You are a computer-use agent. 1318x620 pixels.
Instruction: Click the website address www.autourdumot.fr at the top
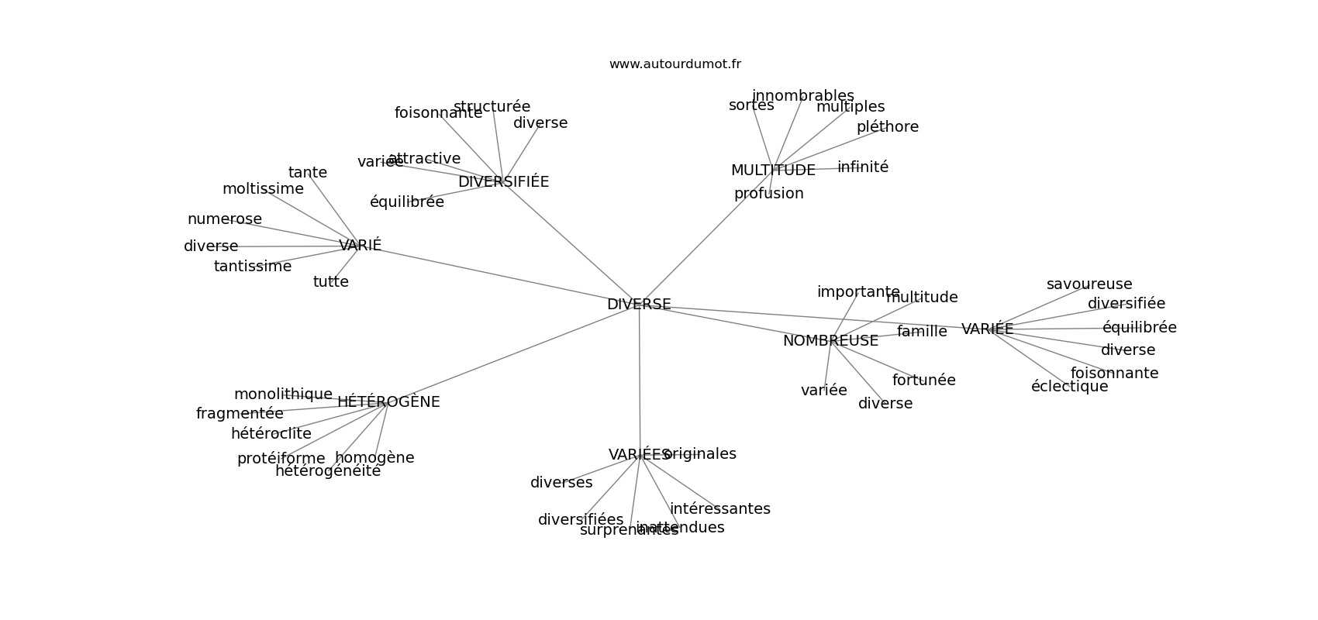(x=675, y=64)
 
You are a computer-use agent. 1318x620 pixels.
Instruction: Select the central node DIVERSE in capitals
(x=639, y=305)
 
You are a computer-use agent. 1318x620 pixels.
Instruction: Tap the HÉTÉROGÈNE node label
(x=388, y=402)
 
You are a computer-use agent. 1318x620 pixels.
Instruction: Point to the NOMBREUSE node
(x=830, y=341)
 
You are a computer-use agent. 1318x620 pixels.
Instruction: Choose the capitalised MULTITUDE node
(x=773, y=170)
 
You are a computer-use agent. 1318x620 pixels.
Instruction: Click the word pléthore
(x=887, y=127)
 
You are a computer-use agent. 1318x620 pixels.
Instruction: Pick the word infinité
(x=862, y=167)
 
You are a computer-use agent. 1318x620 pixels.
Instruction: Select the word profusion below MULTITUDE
(x=768, y=194)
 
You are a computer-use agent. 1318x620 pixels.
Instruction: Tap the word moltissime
(x=263, y=189)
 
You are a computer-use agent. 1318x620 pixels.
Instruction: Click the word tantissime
(x=253, y=267)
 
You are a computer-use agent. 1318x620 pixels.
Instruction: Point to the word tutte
(x=330, y=282)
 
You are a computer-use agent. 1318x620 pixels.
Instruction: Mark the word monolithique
(x=283, y=394)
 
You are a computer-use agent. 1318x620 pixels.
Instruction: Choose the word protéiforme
(x=281, y=459)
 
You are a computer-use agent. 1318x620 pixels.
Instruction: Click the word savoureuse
(x=1089, y=284)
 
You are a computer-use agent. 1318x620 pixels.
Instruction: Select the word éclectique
(x=1069, y=387)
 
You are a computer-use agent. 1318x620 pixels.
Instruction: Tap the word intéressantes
(x=719, y=509)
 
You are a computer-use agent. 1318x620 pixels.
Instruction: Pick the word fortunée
(x=923, y=381)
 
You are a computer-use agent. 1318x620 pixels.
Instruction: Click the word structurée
(x=492, y=107)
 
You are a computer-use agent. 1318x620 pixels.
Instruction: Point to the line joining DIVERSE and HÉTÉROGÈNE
(x=512, y=355)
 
